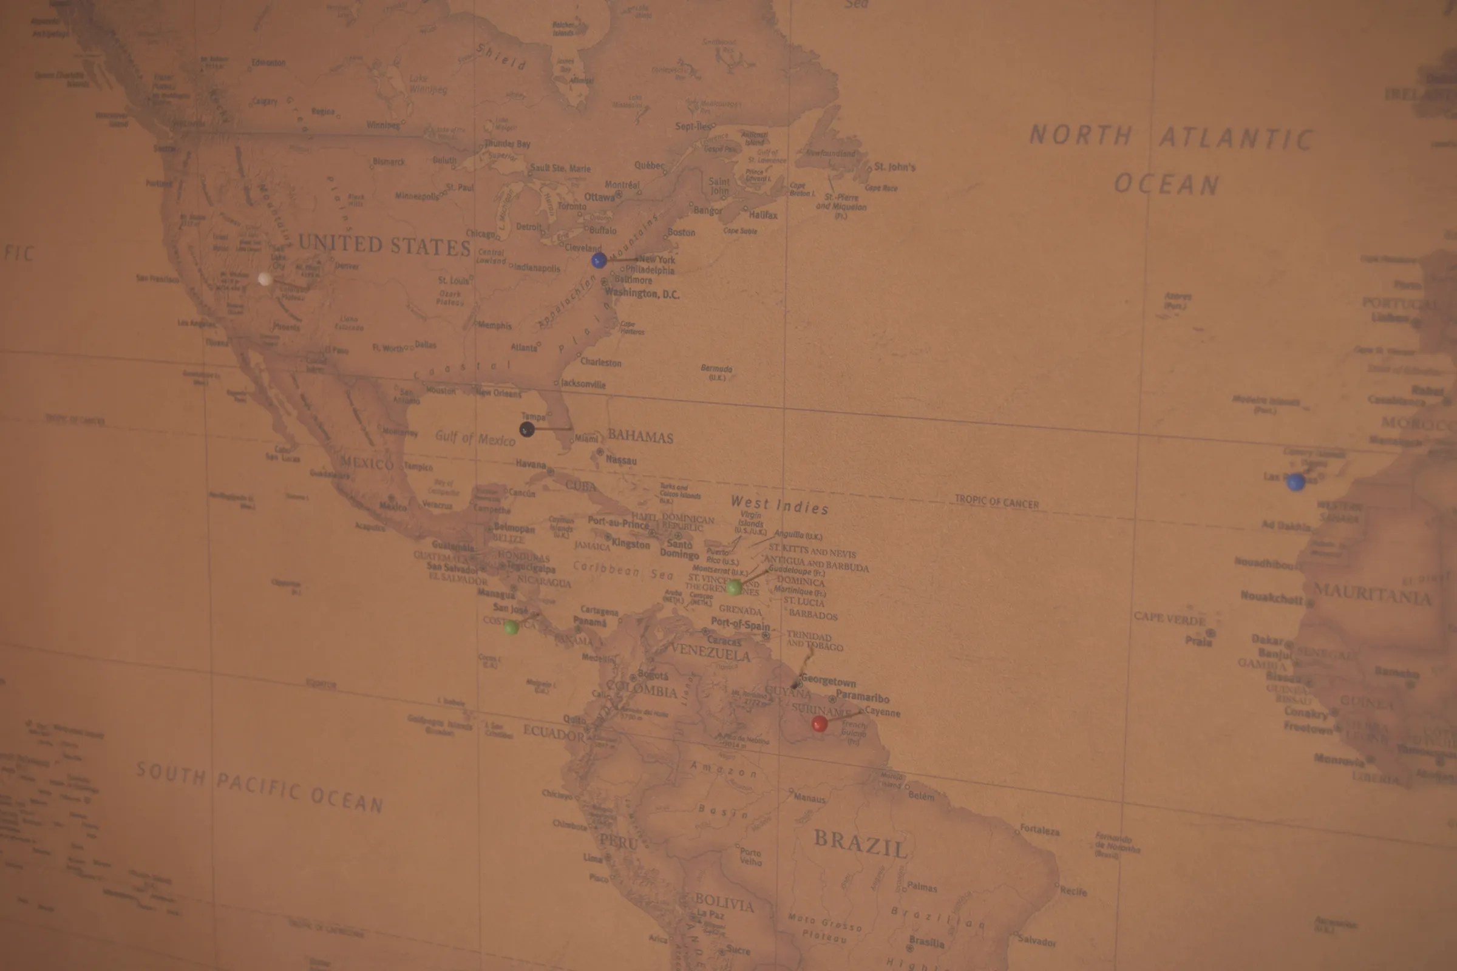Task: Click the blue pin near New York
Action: pyautogui.click(x=599, y=260)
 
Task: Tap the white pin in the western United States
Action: pyautogui.click(x=265, y=279)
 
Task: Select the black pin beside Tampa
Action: pyautogui.click(x=526, y=429)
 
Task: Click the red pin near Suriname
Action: pyautogui.click(x=819, y=724)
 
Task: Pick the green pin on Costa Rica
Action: pyautogui.click(x=511, y=628)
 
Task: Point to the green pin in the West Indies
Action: pyautogui.click(x=734, y=587)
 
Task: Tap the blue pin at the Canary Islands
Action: pyautogui.click(x=1296, y=482)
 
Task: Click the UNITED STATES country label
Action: pyautogui.click(x=385, y=245)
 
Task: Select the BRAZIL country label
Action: pyautogui.click(x=860, y=844)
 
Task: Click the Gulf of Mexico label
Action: pyautogui.click(x=475, y=438)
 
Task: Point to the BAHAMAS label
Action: pyautogui.click(x=640, y=436)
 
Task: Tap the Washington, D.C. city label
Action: pyautogui.click(x=642, y=294)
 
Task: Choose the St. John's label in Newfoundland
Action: pyautogui.click(x=894, y=167)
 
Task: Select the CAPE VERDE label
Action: pyautogui.click(x=1170, y=618)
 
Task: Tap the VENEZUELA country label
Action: pyautogui.click(x=710, y=651)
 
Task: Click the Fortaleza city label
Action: pyautogui.click(x=1040, y=830)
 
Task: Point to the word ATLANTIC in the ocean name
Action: pyautogui.click(x=1236, y=138)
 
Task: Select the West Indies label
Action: pyautogui.click(x=779, y=506)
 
